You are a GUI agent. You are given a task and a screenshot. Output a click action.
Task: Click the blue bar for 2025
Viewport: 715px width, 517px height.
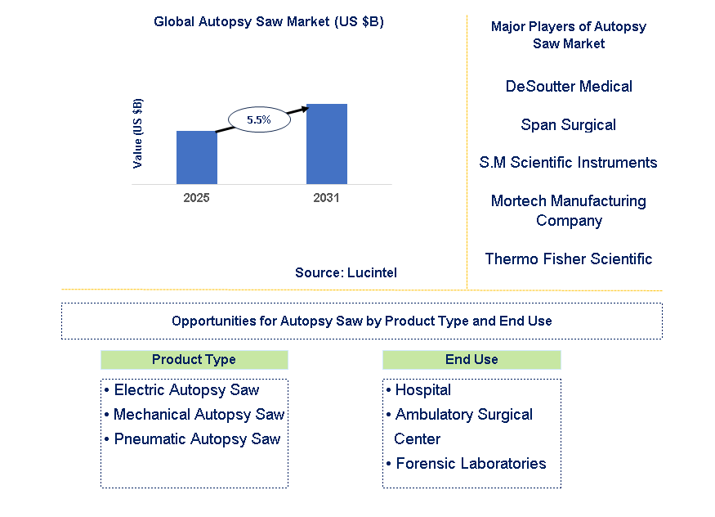(x=197, y=157)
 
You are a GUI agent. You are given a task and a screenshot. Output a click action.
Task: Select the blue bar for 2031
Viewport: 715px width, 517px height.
(x=327, y=144)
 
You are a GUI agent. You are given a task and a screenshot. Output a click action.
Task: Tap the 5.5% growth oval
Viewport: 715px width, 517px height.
(x=259, y=119)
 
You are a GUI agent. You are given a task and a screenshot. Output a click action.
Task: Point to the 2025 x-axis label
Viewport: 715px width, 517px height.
(x=197, y=199)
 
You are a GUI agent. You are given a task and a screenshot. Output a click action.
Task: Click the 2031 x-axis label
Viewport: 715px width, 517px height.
(x=327, y=199)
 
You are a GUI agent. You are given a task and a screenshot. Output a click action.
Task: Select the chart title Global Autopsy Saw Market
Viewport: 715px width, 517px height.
(x=269, y=22)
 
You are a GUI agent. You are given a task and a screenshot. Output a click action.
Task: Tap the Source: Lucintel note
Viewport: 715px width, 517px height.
(x=346, y=273)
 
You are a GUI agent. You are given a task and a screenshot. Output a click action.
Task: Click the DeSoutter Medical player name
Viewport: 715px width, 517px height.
(x=569, y=86)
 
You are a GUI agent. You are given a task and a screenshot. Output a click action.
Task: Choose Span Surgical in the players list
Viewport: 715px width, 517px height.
(x=569, y=124)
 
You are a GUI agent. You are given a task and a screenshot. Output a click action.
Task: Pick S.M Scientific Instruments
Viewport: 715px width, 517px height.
(x=569, y=163)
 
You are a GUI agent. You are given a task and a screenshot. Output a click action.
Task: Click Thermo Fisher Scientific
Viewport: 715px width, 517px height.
(x=569, y=258)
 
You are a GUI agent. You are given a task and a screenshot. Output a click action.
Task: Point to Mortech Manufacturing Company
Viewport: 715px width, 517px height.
(x=569, y=210)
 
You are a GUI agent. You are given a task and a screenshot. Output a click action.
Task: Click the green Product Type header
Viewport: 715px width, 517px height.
(x=194, y=360)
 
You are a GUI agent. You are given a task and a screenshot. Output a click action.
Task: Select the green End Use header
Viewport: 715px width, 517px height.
(x=471, y=360)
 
